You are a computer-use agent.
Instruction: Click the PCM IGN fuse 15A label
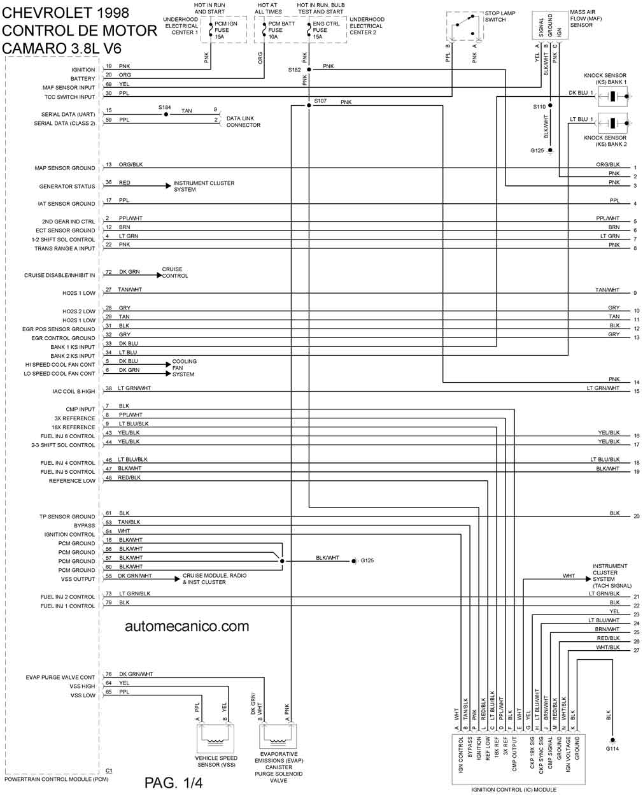tap(225, 30)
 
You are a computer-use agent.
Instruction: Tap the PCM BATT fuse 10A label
tap(281, 30)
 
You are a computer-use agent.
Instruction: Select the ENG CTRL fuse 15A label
tap(326, 30)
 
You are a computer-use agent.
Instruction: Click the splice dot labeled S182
tap(309, 69)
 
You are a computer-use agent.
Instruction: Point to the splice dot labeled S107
tap(309, 105)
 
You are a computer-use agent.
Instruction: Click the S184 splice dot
tap(166, 115)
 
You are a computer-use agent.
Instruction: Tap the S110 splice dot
tap(550, 106)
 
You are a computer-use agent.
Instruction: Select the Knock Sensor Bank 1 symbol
tap(612, 96)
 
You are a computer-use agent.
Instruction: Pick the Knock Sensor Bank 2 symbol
tap(612, 123)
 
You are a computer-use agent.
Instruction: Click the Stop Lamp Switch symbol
tap(465, 25)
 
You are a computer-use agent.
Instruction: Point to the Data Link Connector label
tap(243, 122)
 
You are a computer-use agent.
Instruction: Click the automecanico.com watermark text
tap(187, 627)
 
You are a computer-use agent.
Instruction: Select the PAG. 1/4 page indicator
tap(173, 783)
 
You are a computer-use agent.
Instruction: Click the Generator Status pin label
tap(67, 186)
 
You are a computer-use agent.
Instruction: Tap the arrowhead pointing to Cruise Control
tap(160, 276)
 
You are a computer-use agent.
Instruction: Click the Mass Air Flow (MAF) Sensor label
tap(586, 18)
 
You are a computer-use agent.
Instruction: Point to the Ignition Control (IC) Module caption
tap(514, 790)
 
